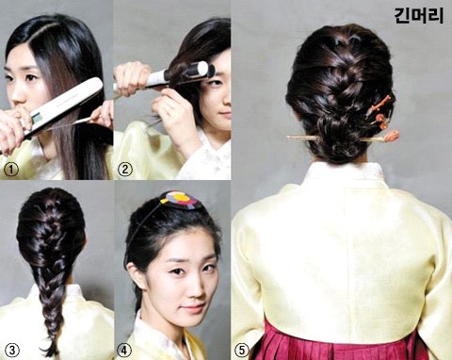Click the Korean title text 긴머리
419,16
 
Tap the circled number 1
11,170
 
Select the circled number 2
125,170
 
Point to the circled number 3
12,350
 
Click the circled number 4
124,350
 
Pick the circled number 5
242,350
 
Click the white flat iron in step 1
63,106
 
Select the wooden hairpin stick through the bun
339,138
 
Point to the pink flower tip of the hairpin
392,136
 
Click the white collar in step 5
345,172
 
